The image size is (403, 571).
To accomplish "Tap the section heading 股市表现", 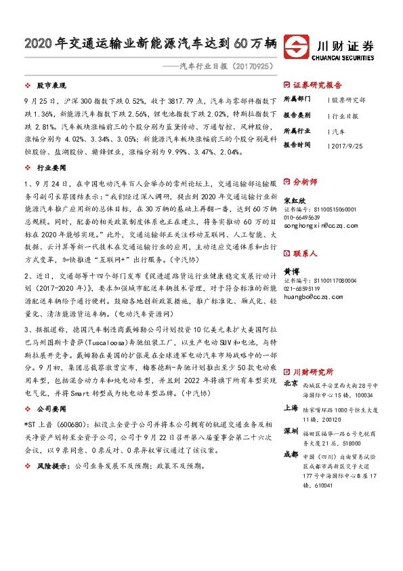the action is coord(49,87).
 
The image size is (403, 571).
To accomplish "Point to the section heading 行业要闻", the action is coord(49,166).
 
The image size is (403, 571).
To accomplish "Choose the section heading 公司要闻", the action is coord(49,410).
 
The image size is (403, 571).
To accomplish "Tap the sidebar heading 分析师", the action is coord(305,182).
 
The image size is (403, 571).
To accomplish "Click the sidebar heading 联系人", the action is coord(305,253).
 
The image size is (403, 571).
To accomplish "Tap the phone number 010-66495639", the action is coord(303,217).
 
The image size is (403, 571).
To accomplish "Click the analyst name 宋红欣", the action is coord(293,201).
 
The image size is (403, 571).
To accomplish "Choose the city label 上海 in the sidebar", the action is coord(291,408).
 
